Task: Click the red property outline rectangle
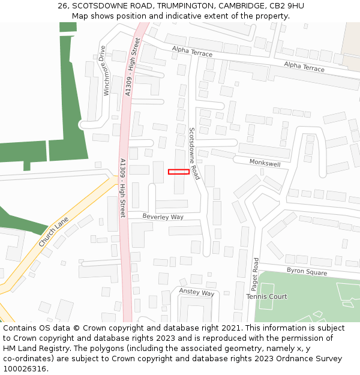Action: tap(179, 172)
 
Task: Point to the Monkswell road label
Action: tap(265, 163)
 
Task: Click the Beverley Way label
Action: tap(163, 216)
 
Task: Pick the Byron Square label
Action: tap(307, 272)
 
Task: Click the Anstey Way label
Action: tap(197, 292)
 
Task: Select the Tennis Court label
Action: tap(266, 296)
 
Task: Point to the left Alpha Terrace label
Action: tap(192, 53)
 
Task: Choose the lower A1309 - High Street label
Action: tap(122, 188)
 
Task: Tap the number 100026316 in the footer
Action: tap(25, 368)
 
